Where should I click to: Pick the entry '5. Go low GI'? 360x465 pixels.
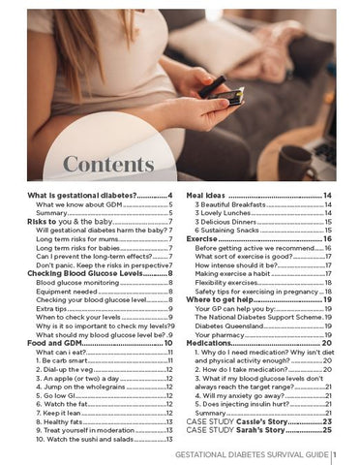[x=61, y=395]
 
